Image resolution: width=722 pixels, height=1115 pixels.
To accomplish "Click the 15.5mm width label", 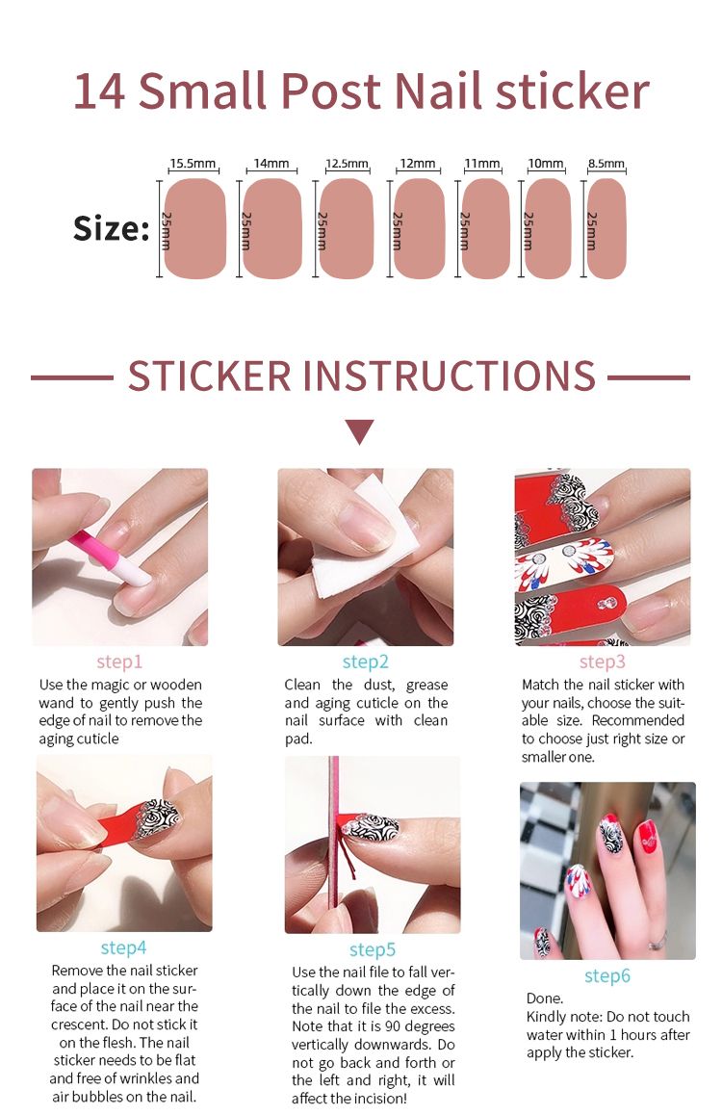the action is pos(193,164).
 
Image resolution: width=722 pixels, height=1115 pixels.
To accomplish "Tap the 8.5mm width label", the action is pos(606,164).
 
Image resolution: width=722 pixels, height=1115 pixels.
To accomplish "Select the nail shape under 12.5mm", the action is pos(346,228).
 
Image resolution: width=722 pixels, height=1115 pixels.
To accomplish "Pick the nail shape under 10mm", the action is pos(548,228).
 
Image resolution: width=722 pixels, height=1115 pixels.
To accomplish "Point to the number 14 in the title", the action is pos(99,91).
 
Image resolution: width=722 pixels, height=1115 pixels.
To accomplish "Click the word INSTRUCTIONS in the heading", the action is pos(450,376).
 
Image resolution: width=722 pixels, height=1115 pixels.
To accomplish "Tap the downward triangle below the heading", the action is pos(360,431).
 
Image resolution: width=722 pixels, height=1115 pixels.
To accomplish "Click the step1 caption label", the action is pos(119,662).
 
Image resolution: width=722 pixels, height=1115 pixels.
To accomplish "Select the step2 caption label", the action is pos(365,662).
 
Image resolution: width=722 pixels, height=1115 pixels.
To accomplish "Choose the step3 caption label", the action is pos(602,662).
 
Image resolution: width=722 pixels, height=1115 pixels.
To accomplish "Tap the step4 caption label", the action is pos(123,947).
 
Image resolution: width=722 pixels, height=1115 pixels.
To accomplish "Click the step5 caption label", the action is pos(372,950).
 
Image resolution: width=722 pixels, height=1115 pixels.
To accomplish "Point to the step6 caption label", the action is pos(606,976).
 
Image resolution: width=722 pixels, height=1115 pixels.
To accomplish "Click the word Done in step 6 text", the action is pos(545,998).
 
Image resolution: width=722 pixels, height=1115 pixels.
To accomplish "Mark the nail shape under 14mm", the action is pos(272,228).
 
